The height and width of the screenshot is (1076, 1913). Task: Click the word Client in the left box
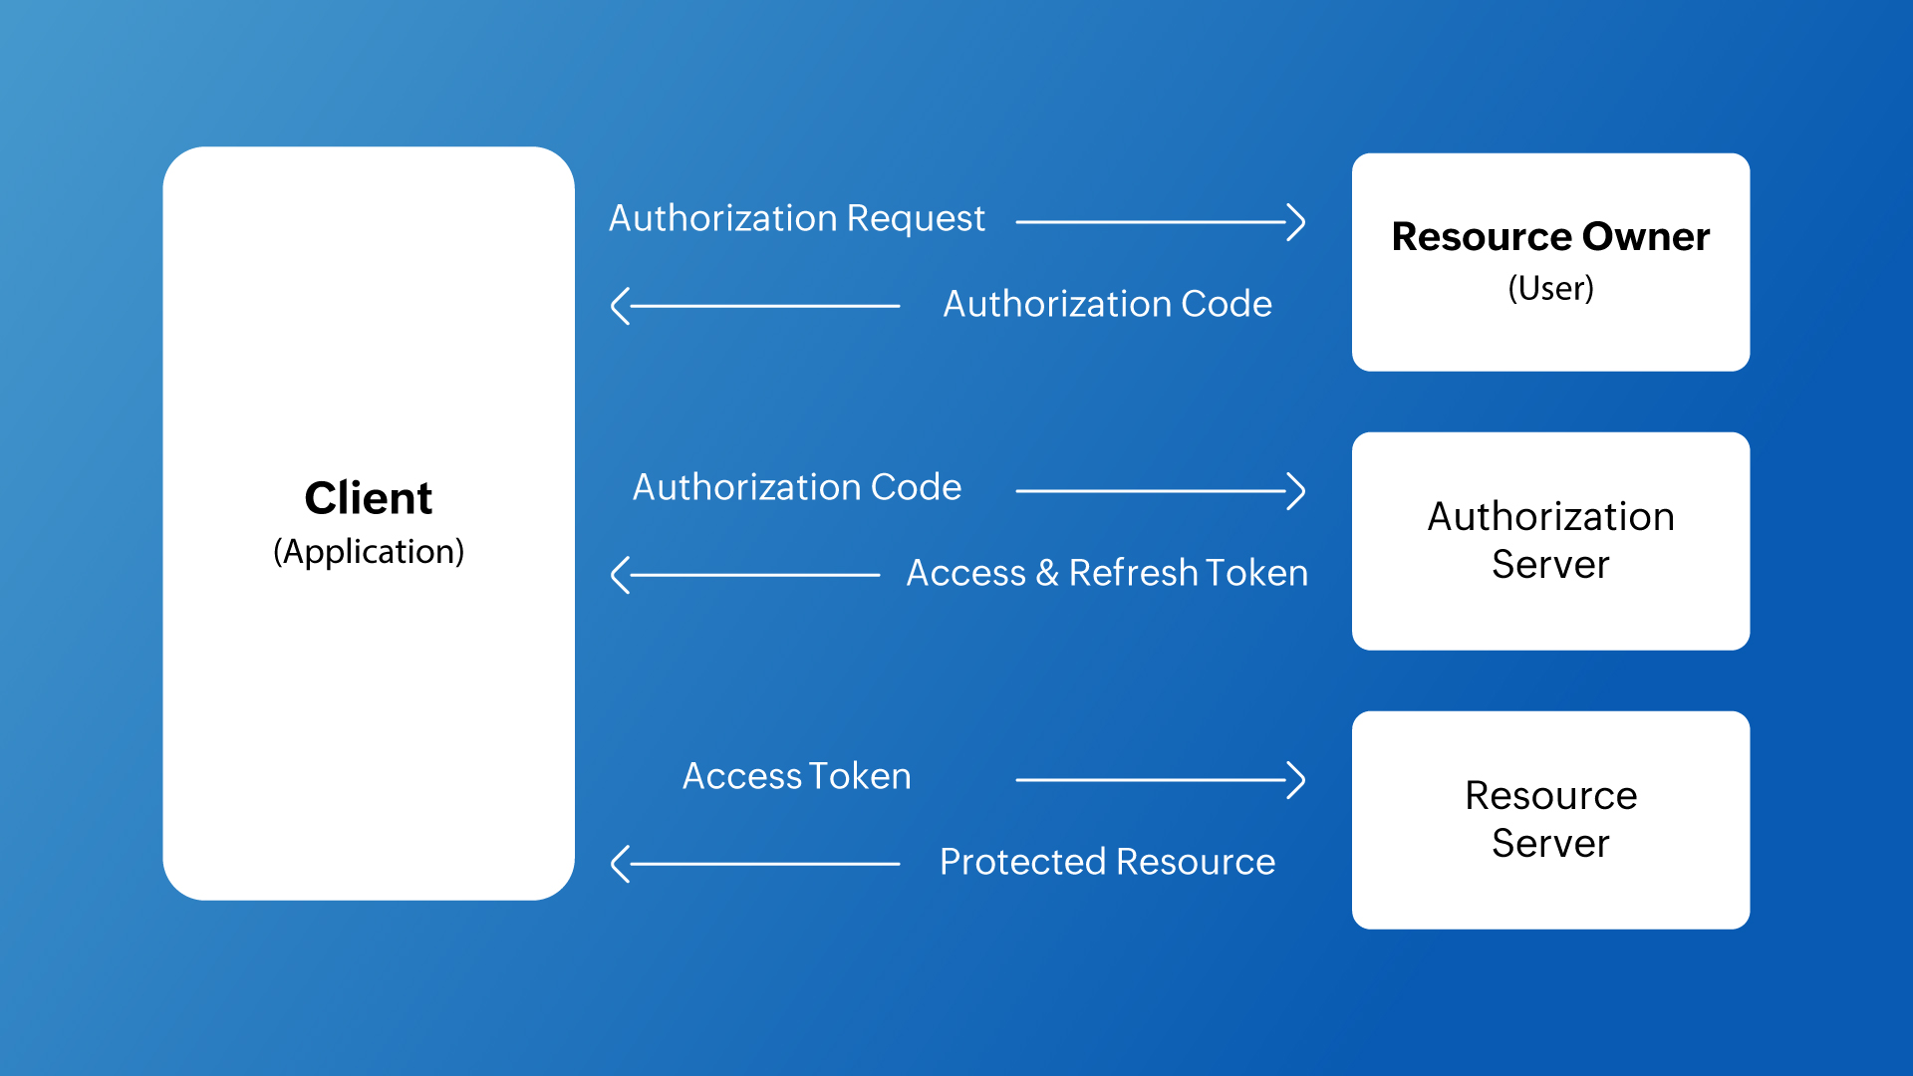click(368, 498)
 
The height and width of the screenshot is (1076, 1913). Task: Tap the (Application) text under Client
click(368, 551)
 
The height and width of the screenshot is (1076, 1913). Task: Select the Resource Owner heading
click(1550, 237)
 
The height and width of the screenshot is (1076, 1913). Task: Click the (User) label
click(1550, 288)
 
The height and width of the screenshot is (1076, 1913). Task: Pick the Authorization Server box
click(1550, 540)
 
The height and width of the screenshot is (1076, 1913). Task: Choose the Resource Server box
click(1550, 819)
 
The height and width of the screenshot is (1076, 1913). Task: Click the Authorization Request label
click(796, 218)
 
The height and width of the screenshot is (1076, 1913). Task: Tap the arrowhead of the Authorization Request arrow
click(1297, 222)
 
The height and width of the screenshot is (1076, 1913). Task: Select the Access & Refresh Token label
click(1106, 573)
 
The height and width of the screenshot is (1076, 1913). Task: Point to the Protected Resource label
click(1106, 862)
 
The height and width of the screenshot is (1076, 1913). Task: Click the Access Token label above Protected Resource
click(796, 776)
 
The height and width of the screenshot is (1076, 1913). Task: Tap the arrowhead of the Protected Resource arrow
click(619, 864)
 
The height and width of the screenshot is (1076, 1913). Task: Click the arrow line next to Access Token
click(1156, 780)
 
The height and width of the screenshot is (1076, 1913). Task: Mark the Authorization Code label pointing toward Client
click(1106, 304)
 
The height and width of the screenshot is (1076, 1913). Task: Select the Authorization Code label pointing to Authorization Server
click(796, 487)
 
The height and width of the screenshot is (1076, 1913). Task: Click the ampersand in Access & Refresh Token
click(1046, 573)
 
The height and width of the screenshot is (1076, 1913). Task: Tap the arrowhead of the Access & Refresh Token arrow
click(619, 575)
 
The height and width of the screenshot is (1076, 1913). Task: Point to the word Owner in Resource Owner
click(1645, 237)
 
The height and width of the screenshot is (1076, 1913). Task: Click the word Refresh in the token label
click(1133, 573)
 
